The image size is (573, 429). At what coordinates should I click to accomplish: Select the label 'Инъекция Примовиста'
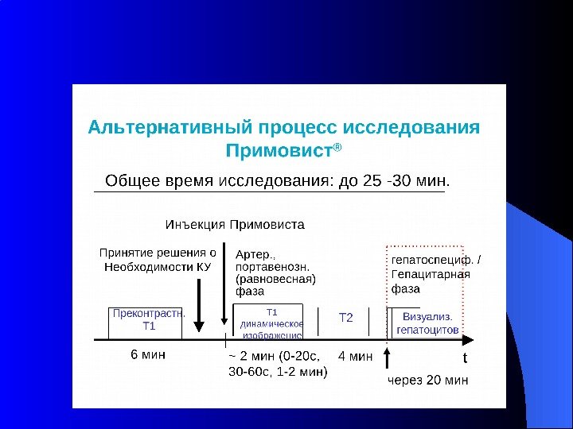235,224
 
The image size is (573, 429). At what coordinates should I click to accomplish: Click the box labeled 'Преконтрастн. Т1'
148,319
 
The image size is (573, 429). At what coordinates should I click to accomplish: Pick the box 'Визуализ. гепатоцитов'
427,322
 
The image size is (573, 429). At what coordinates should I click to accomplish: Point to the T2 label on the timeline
346,318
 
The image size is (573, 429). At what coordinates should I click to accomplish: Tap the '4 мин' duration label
355,357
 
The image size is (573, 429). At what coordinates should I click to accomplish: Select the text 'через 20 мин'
427,381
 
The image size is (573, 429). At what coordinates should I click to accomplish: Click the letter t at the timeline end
466,358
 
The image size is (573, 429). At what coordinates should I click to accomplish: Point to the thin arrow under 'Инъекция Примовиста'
225,286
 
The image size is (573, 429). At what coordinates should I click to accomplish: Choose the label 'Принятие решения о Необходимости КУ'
158,260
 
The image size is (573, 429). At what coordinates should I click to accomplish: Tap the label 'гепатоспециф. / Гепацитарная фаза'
435,274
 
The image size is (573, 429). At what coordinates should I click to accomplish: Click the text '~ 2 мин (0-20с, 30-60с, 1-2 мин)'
277,364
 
